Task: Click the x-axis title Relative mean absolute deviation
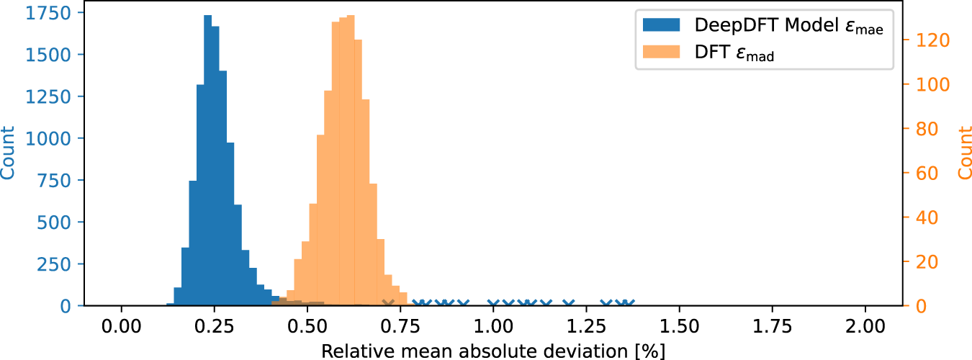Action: pos(492,351)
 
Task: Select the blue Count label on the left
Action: pos(9,153)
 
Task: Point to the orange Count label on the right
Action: pos(964,153)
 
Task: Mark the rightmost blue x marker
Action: pos(629,305)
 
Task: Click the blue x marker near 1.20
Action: pos(569,305)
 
